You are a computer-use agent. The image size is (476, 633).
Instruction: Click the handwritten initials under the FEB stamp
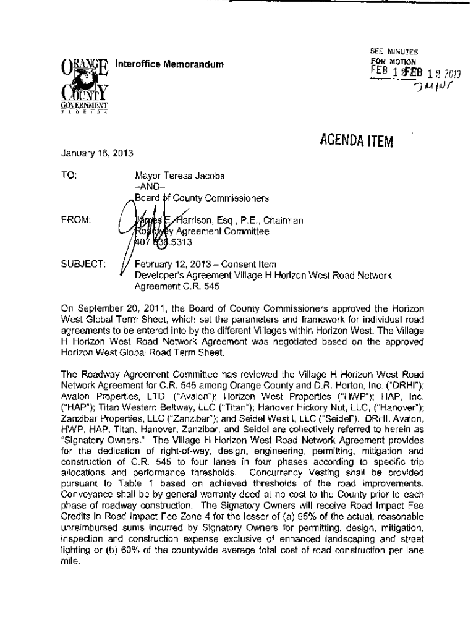point(427,93)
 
